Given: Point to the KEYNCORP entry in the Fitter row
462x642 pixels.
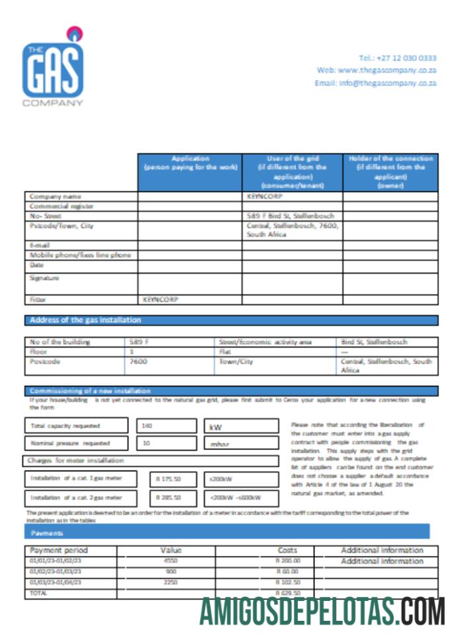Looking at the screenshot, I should click(x=160, y=299).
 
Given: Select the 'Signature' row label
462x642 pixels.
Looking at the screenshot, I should click(x=44, y=278).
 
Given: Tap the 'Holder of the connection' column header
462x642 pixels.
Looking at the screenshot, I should click(x=391, y=172).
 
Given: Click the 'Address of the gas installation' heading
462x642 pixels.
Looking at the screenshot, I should click(x=85, y=320).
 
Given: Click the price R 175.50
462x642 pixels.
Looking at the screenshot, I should click(x=168, y=479).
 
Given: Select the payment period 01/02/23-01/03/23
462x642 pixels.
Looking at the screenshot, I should click(x=55, y=571).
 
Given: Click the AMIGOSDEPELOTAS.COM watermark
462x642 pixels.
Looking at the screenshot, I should click(x=322, y=611).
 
